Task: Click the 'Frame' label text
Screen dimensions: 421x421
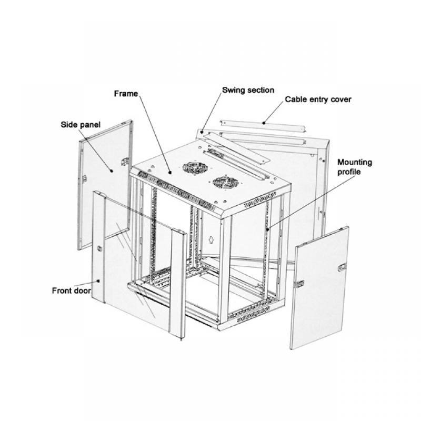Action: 126,94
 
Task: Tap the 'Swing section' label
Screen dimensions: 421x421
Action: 248,90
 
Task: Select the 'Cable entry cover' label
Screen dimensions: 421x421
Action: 318,99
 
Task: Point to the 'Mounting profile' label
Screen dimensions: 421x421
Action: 354,167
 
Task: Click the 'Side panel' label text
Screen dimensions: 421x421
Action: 81,125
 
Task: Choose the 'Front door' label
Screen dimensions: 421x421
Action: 72,290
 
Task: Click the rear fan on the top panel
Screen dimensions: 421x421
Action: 195,168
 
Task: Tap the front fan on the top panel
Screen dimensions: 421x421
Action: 225,183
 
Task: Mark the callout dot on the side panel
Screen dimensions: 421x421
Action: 112,171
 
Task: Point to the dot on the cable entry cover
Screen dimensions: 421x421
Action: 264,123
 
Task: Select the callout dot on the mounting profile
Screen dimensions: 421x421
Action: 268,229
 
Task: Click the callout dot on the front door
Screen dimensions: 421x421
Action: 98,281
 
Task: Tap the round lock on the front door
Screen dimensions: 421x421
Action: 99,248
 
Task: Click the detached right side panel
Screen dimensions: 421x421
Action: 319,288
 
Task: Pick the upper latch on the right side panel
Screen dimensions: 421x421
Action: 342,267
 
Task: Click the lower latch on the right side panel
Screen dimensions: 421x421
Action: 300,284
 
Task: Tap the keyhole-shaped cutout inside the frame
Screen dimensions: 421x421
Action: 211,239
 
